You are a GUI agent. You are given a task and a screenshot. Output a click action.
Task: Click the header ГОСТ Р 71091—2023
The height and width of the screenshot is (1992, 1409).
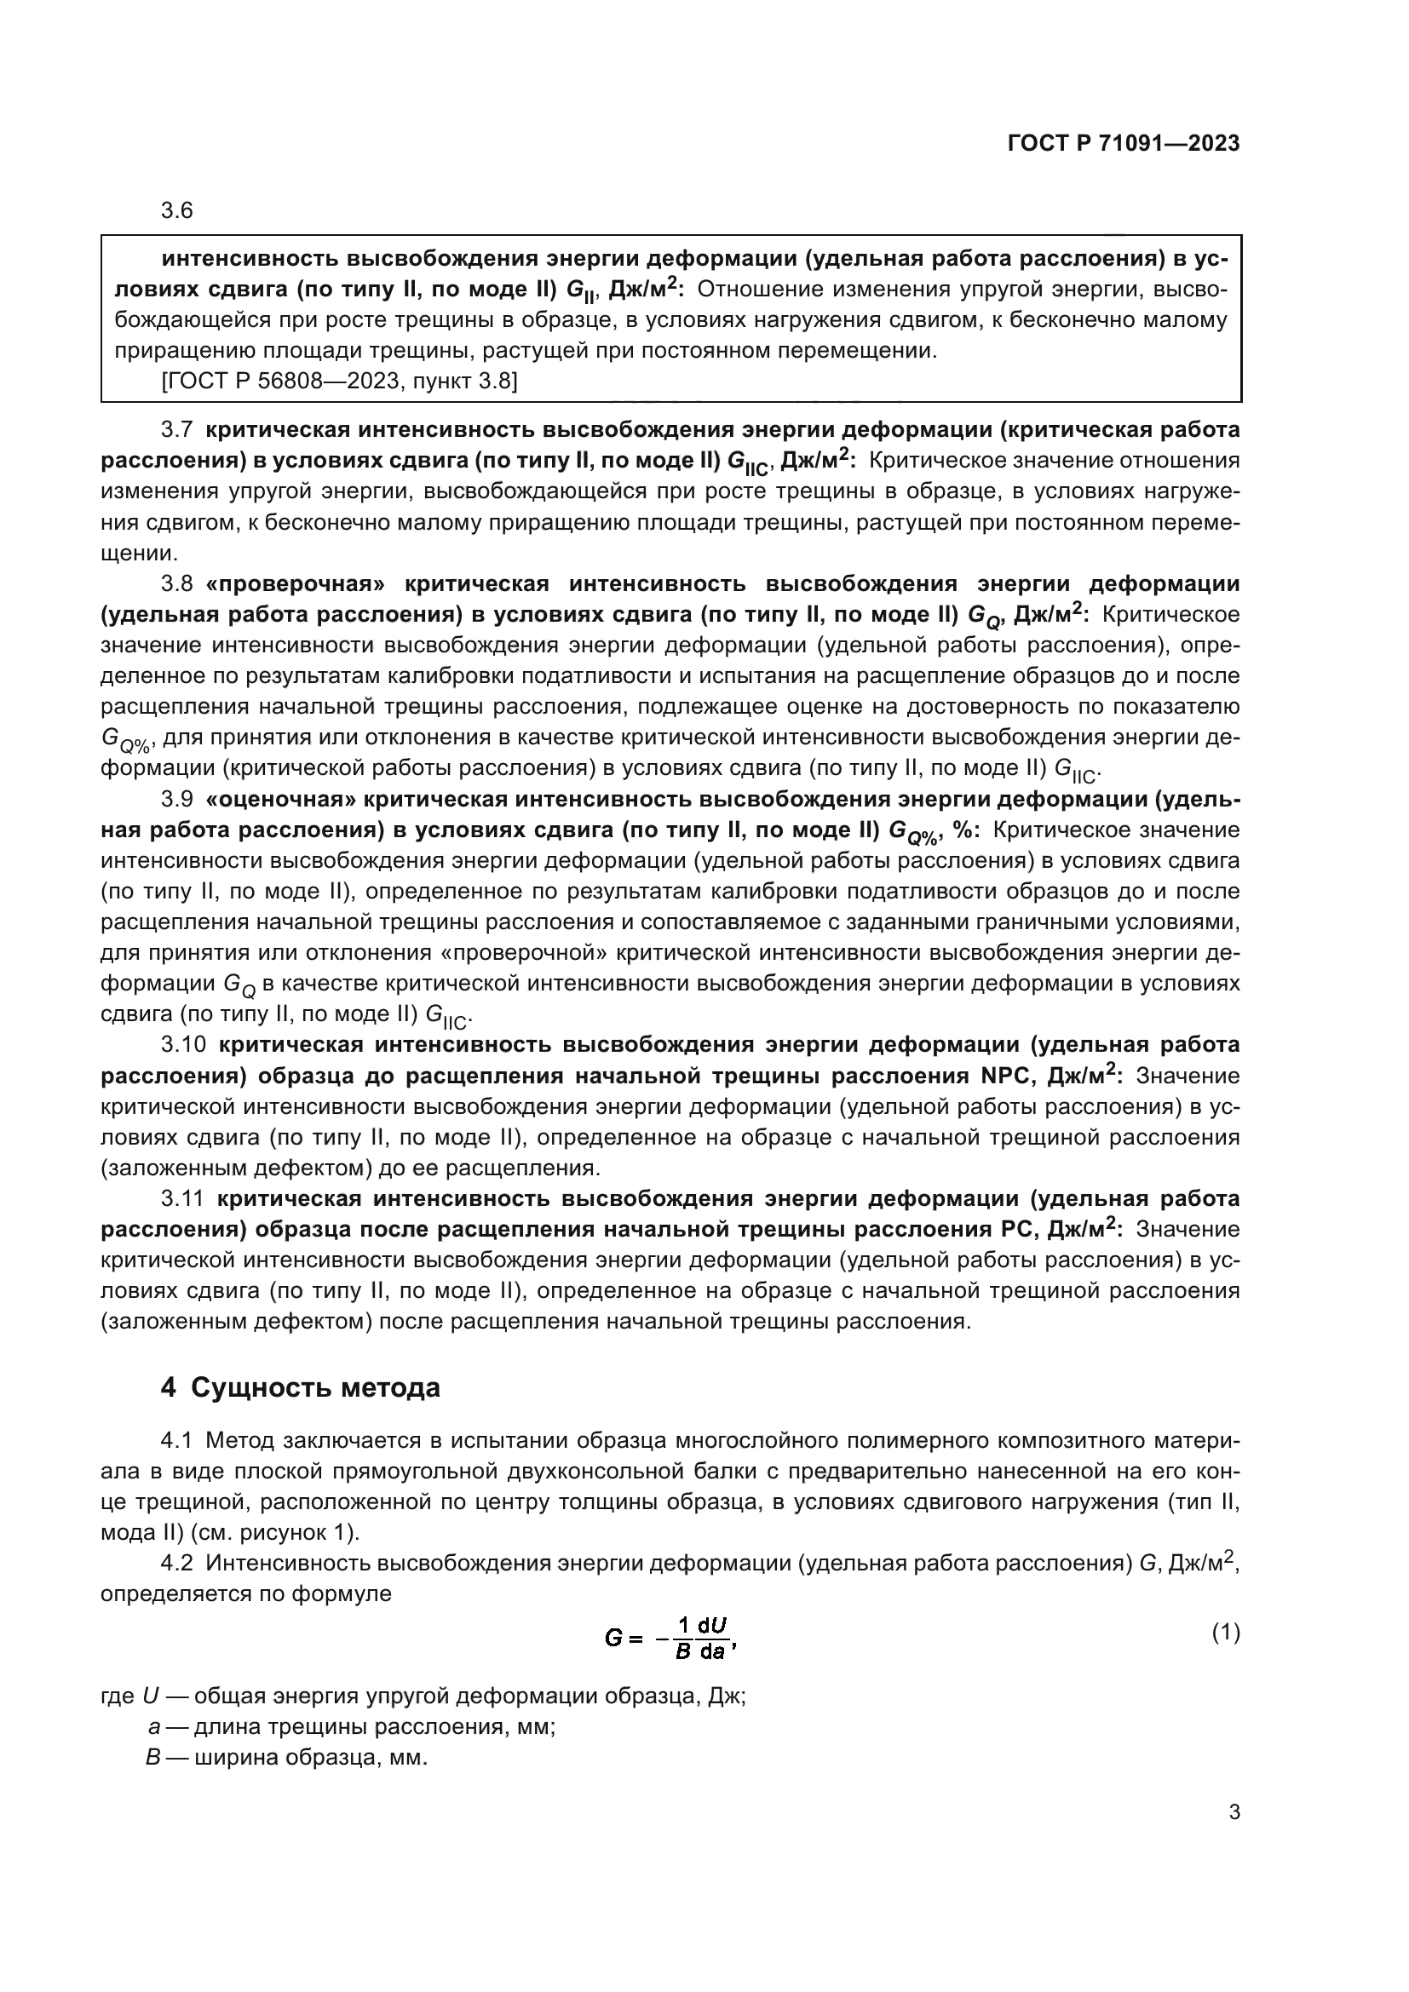coord(1124,144)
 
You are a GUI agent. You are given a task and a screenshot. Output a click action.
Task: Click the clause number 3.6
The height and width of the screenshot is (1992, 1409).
coord(177,211)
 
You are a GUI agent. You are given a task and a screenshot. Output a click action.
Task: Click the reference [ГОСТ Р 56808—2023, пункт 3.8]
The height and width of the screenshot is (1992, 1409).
coord(339,381)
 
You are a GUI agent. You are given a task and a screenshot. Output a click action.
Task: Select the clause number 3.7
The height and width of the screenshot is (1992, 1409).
coord(177,430)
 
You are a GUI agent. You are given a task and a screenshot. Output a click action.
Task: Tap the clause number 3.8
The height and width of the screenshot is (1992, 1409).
coord(177,583)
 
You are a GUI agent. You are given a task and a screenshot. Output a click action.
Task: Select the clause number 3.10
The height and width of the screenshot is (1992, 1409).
coord(183,1044)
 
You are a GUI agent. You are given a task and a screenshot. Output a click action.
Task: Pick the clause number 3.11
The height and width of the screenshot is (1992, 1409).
coord(182,1198)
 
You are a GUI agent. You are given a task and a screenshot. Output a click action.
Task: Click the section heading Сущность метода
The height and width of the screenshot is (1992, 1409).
coord(315,1388)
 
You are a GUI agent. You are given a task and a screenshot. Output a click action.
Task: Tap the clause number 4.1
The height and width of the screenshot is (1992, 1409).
coord(176,1441)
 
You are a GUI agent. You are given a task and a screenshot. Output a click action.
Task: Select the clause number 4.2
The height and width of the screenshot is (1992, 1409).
coord(176,1564)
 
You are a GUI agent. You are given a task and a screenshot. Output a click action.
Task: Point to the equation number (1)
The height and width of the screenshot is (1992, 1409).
coord(1225,1633)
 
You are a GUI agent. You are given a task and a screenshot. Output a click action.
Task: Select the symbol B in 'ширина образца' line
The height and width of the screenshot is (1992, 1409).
coord(153,1758)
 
